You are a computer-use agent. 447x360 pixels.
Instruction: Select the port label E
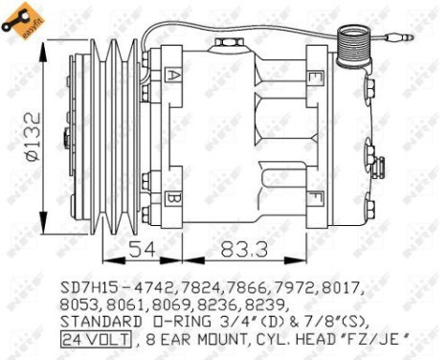pos(315,75)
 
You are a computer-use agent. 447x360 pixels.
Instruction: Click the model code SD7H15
pos(84,285)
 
